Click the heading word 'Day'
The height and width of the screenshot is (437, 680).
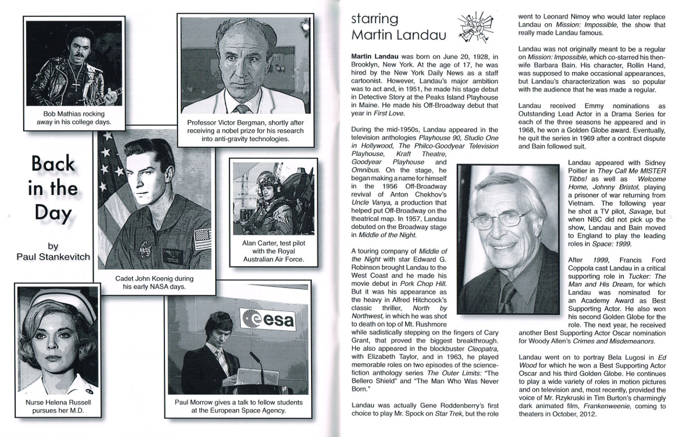click(53, 213)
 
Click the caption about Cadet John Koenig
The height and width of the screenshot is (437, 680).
click(154, 282)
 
